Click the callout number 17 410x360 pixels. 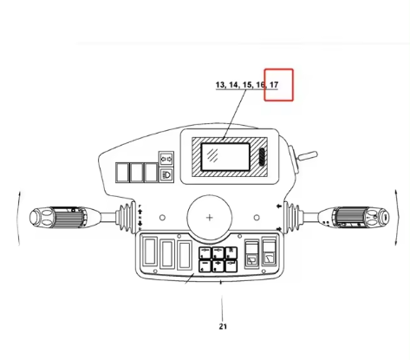pyautogui.click(x=274, y=85)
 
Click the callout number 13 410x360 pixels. pyautogui.click(x=220, y=85)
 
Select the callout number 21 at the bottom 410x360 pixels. pyautogui.click(x=223, y=326)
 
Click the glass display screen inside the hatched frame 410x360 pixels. pyautogui.click(x=225, y=157)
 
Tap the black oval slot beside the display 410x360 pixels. pyautogui.click(x=263, y=157)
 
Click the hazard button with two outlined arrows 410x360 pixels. pyautogui.click(x=166, y=159)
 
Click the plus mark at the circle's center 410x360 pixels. pyautogui.click(x=210, y=218)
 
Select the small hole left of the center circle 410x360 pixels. pyautogui.click(x=162, y=218)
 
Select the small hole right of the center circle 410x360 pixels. pyautogui.click(x=257, y=218)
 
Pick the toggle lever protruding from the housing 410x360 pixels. pyautogui.click(x=308, y=155)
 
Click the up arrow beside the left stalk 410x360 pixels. pyautogui.click(x=140, y=212)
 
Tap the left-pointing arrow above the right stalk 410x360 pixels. pyautogui.click(x=279, y=206)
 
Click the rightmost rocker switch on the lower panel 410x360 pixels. pyautogui.click(x=270, y=252)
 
